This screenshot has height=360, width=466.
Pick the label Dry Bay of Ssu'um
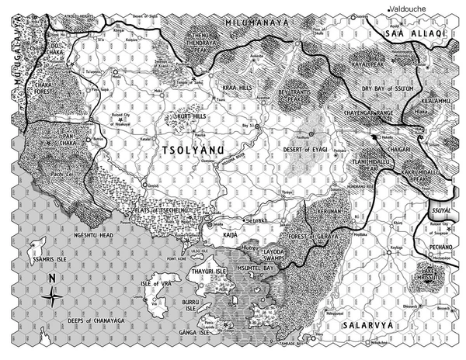click(x=386, y=88)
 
